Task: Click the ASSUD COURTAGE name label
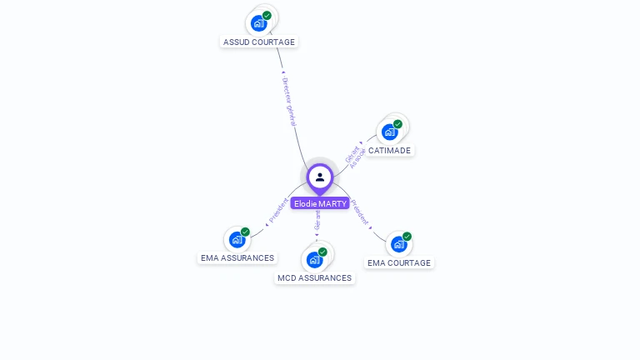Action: [259, 42]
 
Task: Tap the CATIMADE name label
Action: [389, 151]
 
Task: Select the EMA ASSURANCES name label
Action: [237, 258]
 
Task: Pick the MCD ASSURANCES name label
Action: [314, 278]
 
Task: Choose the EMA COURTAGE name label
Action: [399, 263]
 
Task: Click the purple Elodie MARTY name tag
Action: [320, 203]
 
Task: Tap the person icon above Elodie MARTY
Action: [320, 177]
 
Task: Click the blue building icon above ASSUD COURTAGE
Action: [258, 23]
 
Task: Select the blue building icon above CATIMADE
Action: [389, 132]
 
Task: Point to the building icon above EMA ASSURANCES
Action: [237, 240]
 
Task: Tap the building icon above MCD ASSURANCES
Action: [314, 259]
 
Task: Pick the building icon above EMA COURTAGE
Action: [398, 244]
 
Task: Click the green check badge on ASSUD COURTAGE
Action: [267, 16]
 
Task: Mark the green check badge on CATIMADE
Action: [397, 124]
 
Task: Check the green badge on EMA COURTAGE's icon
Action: [407, 237]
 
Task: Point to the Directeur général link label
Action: [289, 102]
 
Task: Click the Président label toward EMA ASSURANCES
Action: [278, 211]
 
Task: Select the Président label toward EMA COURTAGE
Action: [360, 212]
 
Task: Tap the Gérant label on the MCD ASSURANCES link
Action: [317, 220]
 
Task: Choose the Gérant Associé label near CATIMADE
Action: [355, 157]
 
